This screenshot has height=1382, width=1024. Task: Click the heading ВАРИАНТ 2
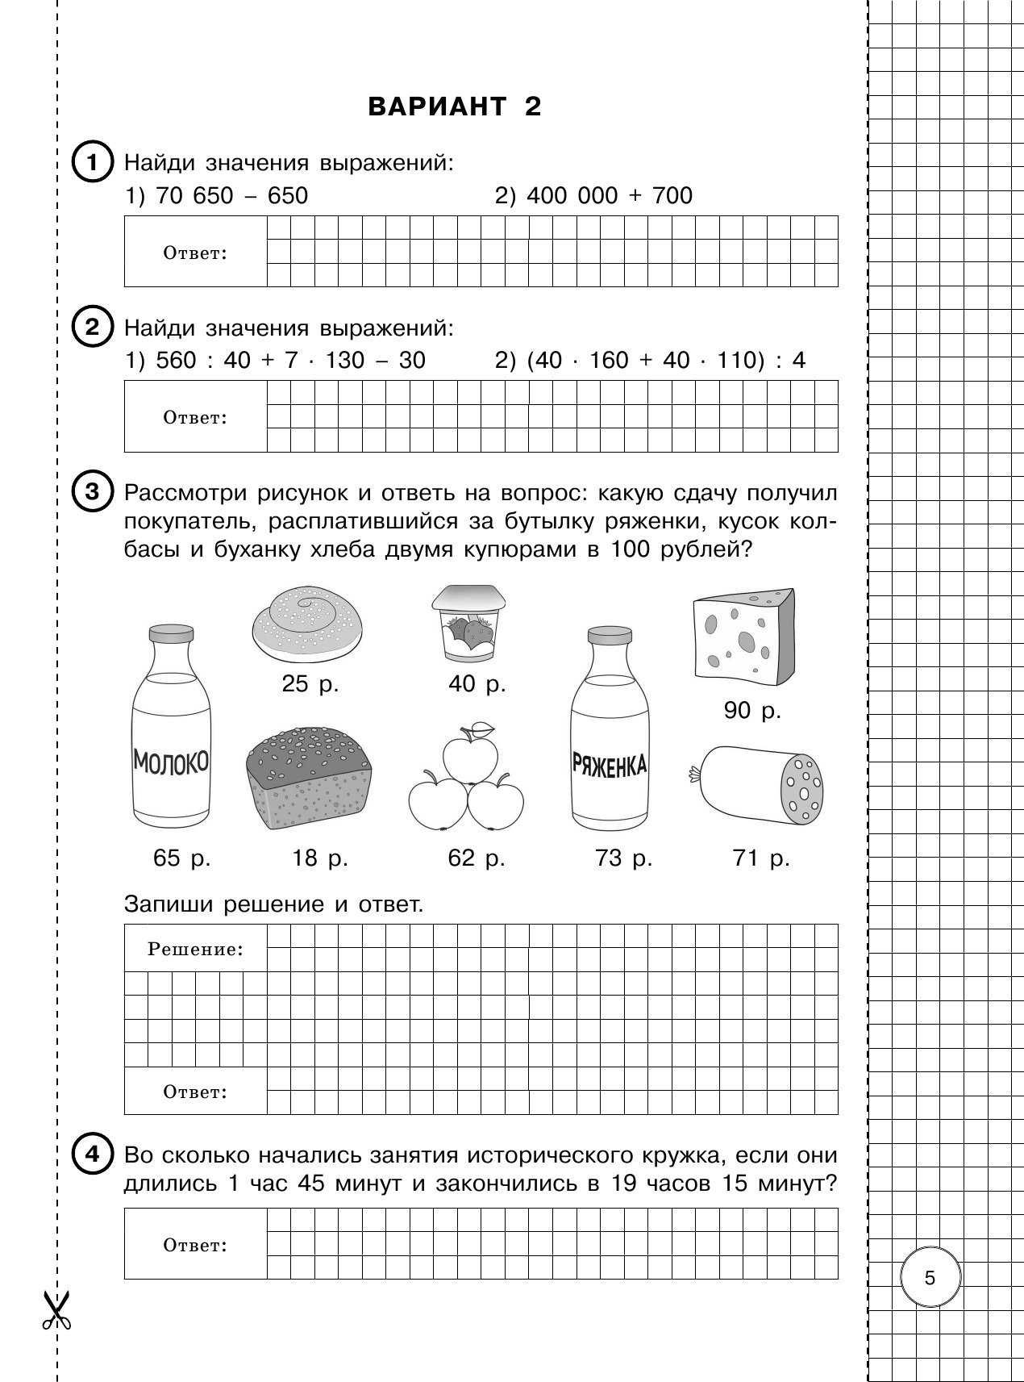(x=454, y=106)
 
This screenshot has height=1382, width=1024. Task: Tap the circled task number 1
(x=92, y=164)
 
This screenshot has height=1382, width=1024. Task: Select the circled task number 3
(x=92, y=491)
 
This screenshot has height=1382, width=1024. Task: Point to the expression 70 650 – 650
(x=217, y=196)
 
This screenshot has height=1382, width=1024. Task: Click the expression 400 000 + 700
(x=593, y=196)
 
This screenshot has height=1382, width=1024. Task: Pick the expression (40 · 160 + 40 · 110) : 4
(x=650, y=360)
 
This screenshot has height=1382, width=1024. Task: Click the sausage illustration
(x=759, y=784)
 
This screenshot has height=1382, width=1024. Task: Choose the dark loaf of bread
(x=310, y=779)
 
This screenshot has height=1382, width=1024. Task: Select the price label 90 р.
(x=752, y=711)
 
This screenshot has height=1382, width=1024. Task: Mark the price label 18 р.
(x=319, y=858)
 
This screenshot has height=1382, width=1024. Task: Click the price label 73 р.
(x=623, y=858)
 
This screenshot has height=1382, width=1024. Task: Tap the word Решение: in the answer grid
(x=195, y=950)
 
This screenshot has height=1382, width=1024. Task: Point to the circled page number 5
(x=930, y=1278)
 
